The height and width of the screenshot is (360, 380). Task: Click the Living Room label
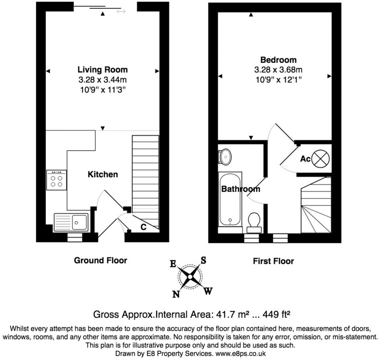tap(102, 69)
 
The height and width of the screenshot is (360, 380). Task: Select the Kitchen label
tap(103, 175)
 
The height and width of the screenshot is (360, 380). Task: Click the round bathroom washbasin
tap(225, 156)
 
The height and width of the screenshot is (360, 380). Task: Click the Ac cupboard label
tap(305, 159)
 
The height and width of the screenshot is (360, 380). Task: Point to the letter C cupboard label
tap(144, 227)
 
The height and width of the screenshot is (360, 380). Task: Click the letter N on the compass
tap(176, 294)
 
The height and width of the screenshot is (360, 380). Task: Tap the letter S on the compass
tap(203, 260)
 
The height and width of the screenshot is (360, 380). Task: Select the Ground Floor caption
tap(100, 260)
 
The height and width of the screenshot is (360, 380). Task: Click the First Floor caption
tap(273, 261)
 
